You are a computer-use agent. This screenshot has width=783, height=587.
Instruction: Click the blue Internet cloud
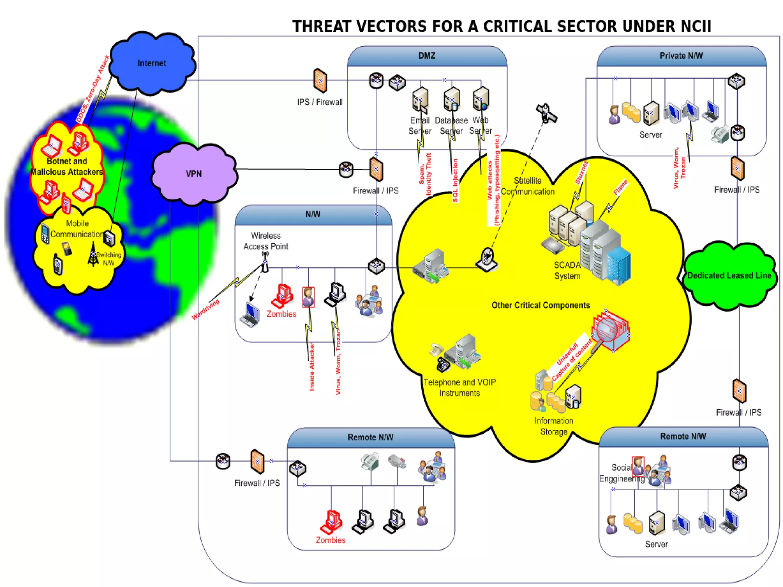[x=152, y=63]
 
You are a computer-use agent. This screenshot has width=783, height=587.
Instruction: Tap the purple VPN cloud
[x=194, y=174]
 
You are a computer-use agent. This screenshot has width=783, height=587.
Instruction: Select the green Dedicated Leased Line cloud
[x=729, y=275]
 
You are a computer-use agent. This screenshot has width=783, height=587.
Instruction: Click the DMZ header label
[x=427, y=56]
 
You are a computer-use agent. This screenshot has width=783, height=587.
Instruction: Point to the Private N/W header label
[x=681, y=56]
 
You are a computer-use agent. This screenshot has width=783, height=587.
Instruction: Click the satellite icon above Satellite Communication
[x=546, y=114]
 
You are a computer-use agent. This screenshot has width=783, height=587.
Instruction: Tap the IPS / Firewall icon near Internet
[x=320, y=81]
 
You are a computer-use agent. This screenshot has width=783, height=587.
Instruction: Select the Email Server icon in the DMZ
[x=420, y=99]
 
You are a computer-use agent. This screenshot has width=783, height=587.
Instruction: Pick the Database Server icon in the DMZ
[x=452, y=99]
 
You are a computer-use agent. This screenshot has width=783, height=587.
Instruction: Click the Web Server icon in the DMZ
[x=481, y=99]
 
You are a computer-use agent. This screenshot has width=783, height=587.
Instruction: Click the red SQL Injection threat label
[x=455, y=180]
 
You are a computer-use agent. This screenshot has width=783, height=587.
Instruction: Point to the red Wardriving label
[x=206, y=309]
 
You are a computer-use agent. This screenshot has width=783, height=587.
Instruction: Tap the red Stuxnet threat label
[x=581, y=173]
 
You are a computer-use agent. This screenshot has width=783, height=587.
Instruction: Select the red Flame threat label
[x=621, y=187]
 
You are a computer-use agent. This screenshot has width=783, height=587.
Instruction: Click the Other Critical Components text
[x=541, y=305]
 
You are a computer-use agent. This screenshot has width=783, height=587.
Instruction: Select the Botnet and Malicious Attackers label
[x=67, y=167]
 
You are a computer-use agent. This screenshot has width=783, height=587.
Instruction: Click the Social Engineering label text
[x=621, y=473]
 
